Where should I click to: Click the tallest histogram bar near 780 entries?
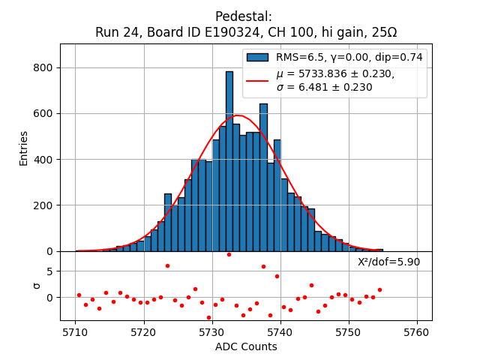(229, 161)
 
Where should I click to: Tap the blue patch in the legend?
(257, 57)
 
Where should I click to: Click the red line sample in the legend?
(257, 79)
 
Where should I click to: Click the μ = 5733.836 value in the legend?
(335, 73)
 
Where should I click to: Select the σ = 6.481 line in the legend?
(324, 87)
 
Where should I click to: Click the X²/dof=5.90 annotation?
(388, 262)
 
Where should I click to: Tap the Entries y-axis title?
(24, 148)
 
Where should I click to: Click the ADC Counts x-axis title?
(246, 346)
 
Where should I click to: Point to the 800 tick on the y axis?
(46, 67)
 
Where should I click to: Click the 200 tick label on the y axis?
(46, 205)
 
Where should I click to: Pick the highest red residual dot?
(229, 254)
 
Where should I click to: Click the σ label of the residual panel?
(37, 285)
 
